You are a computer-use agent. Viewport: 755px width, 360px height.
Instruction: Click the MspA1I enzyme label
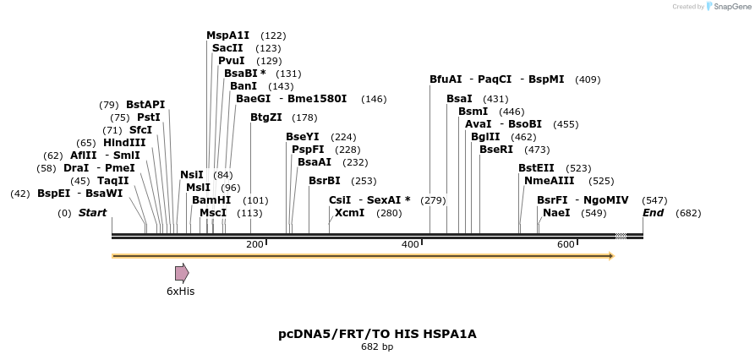pyautogui.click(x=228, y=35)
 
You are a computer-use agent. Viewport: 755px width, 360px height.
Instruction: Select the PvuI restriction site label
pyautogui.click(x=232, y=61)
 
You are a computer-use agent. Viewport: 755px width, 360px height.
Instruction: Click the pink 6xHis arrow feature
pyautogui.click(x=182, y=272)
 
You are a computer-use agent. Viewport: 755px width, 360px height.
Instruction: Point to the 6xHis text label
pyautogui.click(x=180, y=291)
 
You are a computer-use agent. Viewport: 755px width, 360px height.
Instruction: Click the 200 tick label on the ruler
pyautogui.click(x=254, y=244)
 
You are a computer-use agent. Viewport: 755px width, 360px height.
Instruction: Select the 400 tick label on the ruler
pyautogui.click(x=409, y=244)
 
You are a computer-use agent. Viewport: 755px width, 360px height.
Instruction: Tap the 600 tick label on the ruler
pyautogui.click(x=565, y=244)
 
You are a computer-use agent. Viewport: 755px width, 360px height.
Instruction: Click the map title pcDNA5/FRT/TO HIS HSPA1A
pyautogui.click(x=377, y=334)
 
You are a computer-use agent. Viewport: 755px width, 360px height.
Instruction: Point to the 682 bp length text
pyautogui.click(x=377, y=346)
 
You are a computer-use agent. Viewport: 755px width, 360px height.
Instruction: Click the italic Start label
pyautogui.click(x=92, y=213)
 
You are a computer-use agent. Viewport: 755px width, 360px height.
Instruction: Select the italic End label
pyautogui.click(x=653, y=213)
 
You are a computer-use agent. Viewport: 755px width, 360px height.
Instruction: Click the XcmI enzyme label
pyautogui.click(x=350, y=213)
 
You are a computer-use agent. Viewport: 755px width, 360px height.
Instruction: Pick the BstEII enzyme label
pyautogui.click(x=537, y=168)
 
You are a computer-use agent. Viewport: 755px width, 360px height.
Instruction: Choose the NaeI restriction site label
pyautogui.click(x=556, y=213)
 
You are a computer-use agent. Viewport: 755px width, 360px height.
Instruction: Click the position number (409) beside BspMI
pyautogui.click(x=588, y=79)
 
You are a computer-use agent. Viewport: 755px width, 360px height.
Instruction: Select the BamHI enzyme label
pyautogui.click(x=211, y=200)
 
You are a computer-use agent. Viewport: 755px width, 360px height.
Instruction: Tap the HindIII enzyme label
pyautogui.click(x=124, y=143)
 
